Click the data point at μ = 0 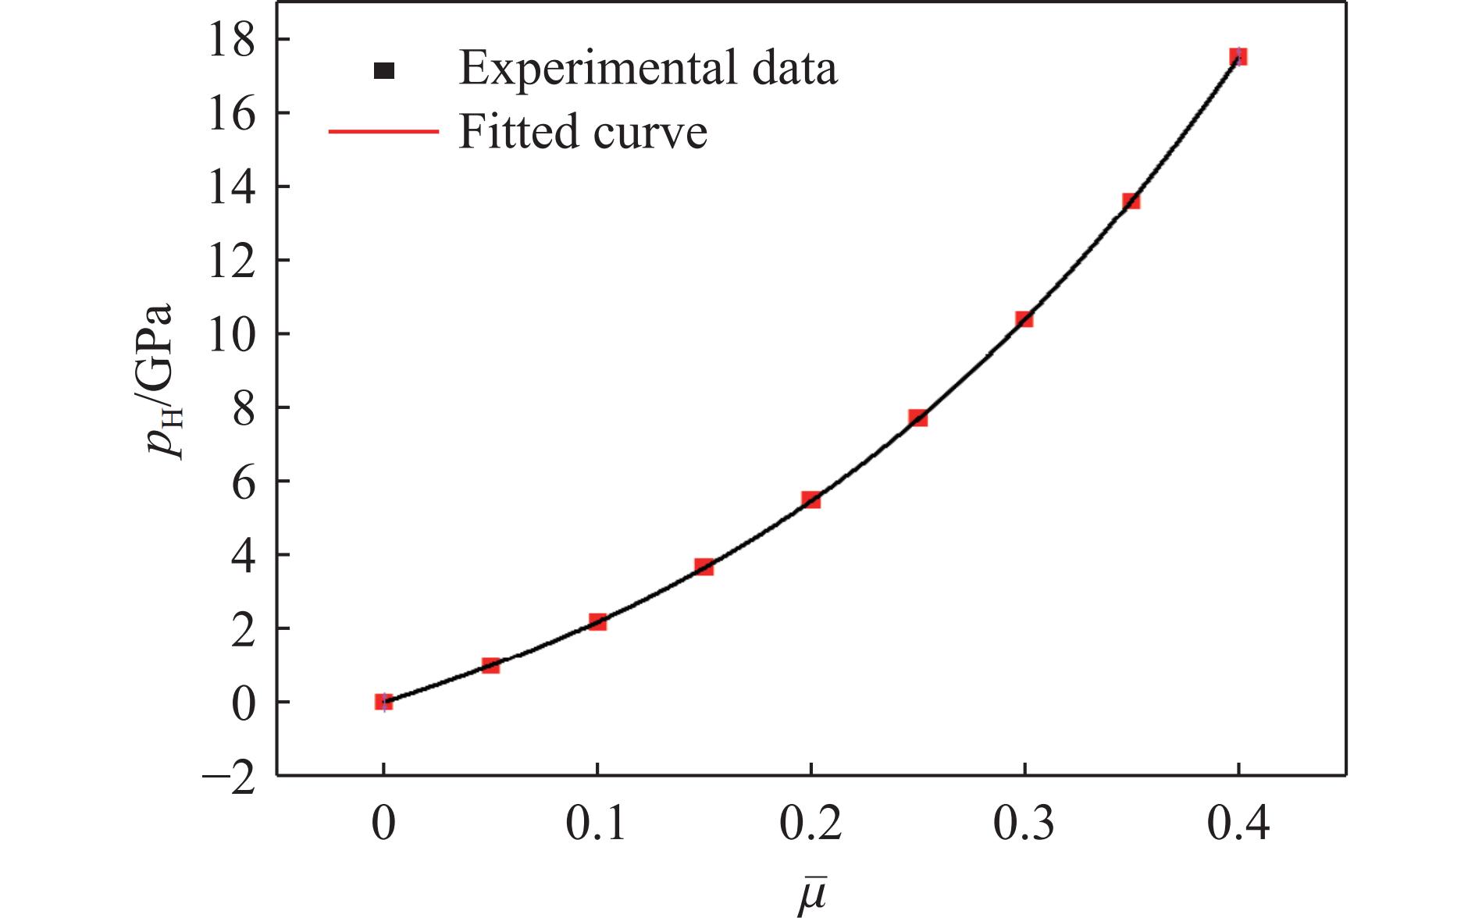383,702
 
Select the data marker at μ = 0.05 490,665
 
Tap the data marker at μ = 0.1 597,622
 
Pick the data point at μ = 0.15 704,567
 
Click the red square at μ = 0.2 811,500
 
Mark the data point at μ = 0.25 918,418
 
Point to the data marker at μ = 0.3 1024,318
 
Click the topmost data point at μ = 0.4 1238,56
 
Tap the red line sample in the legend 383,132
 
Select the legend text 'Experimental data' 648,69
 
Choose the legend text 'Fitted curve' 583,131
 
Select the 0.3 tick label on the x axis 1024,826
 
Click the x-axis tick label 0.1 597,826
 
